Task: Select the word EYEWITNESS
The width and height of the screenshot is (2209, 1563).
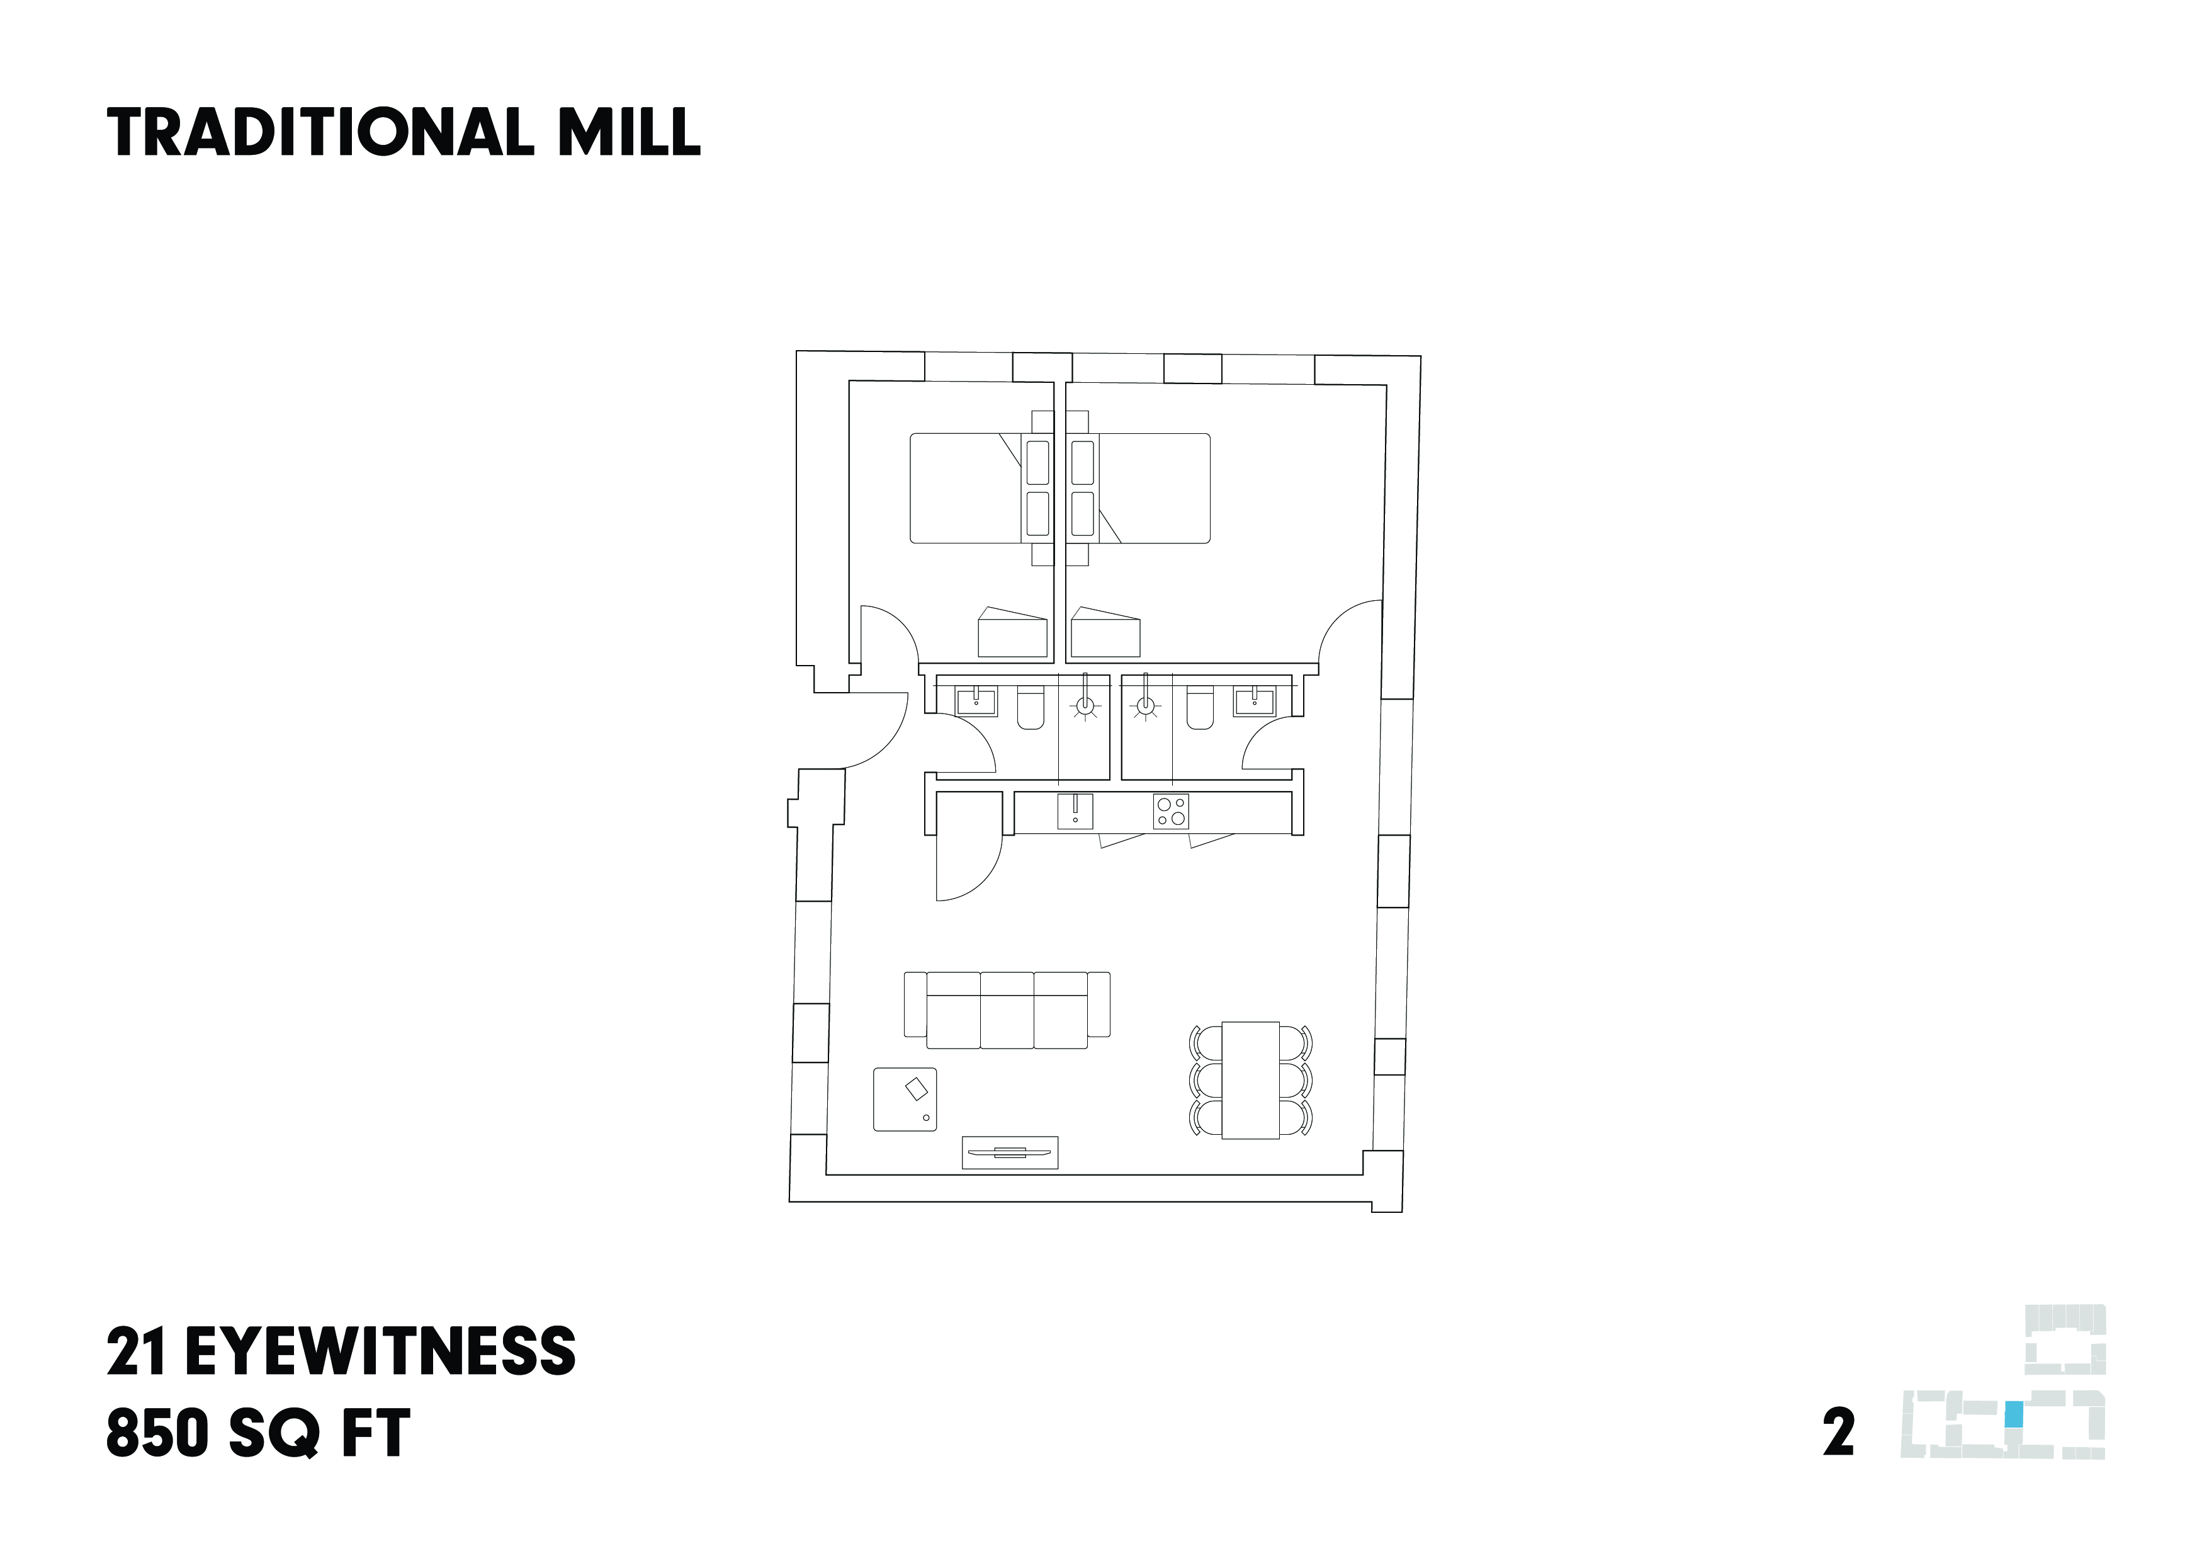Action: click(x=380, y=1351)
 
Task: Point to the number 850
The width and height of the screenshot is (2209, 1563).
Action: click(x=157, y=1433)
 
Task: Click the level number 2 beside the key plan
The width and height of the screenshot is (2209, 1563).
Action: click(x=1838, y=1433)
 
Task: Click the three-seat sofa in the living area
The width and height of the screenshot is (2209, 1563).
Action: click(x=1007, y=1011)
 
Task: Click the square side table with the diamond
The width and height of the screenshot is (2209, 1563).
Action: click(x=905, y=1099)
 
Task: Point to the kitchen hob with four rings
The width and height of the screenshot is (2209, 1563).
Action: click(x=1171, y=811)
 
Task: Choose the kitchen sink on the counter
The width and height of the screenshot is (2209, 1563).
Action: click(x=1075, y=811)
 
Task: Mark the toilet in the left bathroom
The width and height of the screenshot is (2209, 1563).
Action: click(x=1031, y=709)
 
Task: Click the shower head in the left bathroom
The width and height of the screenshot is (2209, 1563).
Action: click(x=1085, y=707)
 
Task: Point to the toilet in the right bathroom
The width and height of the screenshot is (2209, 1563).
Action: click(x=1200, y=709)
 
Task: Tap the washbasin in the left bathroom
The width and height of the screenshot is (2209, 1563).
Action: click(x=976, y=701)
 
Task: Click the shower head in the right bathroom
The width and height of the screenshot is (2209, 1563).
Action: click(x=1145, y=707)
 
